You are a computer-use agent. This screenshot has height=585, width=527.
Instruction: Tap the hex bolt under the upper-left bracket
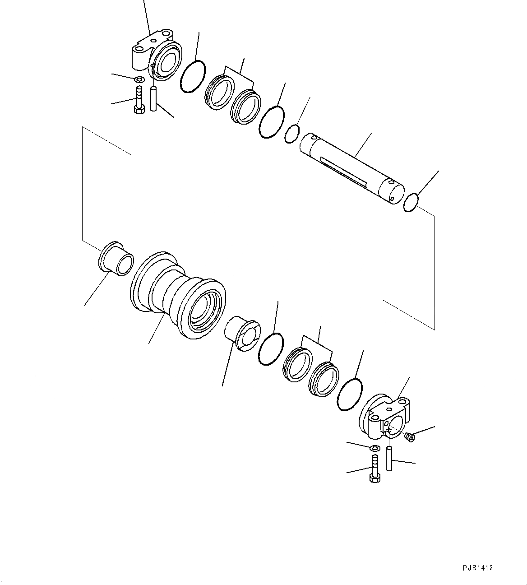139,101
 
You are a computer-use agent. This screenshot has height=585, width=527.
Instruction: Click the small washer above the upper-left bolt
139,80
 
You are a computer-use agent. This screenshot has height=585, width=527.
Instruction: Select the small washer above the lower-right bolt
374,448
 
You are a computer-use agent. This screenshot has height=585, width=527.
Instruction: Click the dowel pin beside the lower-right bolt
389,458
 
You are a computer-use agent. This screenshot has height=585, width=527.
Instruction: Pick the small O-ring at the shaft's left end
292,134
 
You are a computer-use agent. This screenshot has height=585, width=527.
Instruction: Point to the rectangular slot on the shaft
343,170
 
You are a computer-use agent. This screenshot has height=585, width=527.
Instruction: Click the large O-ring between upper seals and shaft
272,122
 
